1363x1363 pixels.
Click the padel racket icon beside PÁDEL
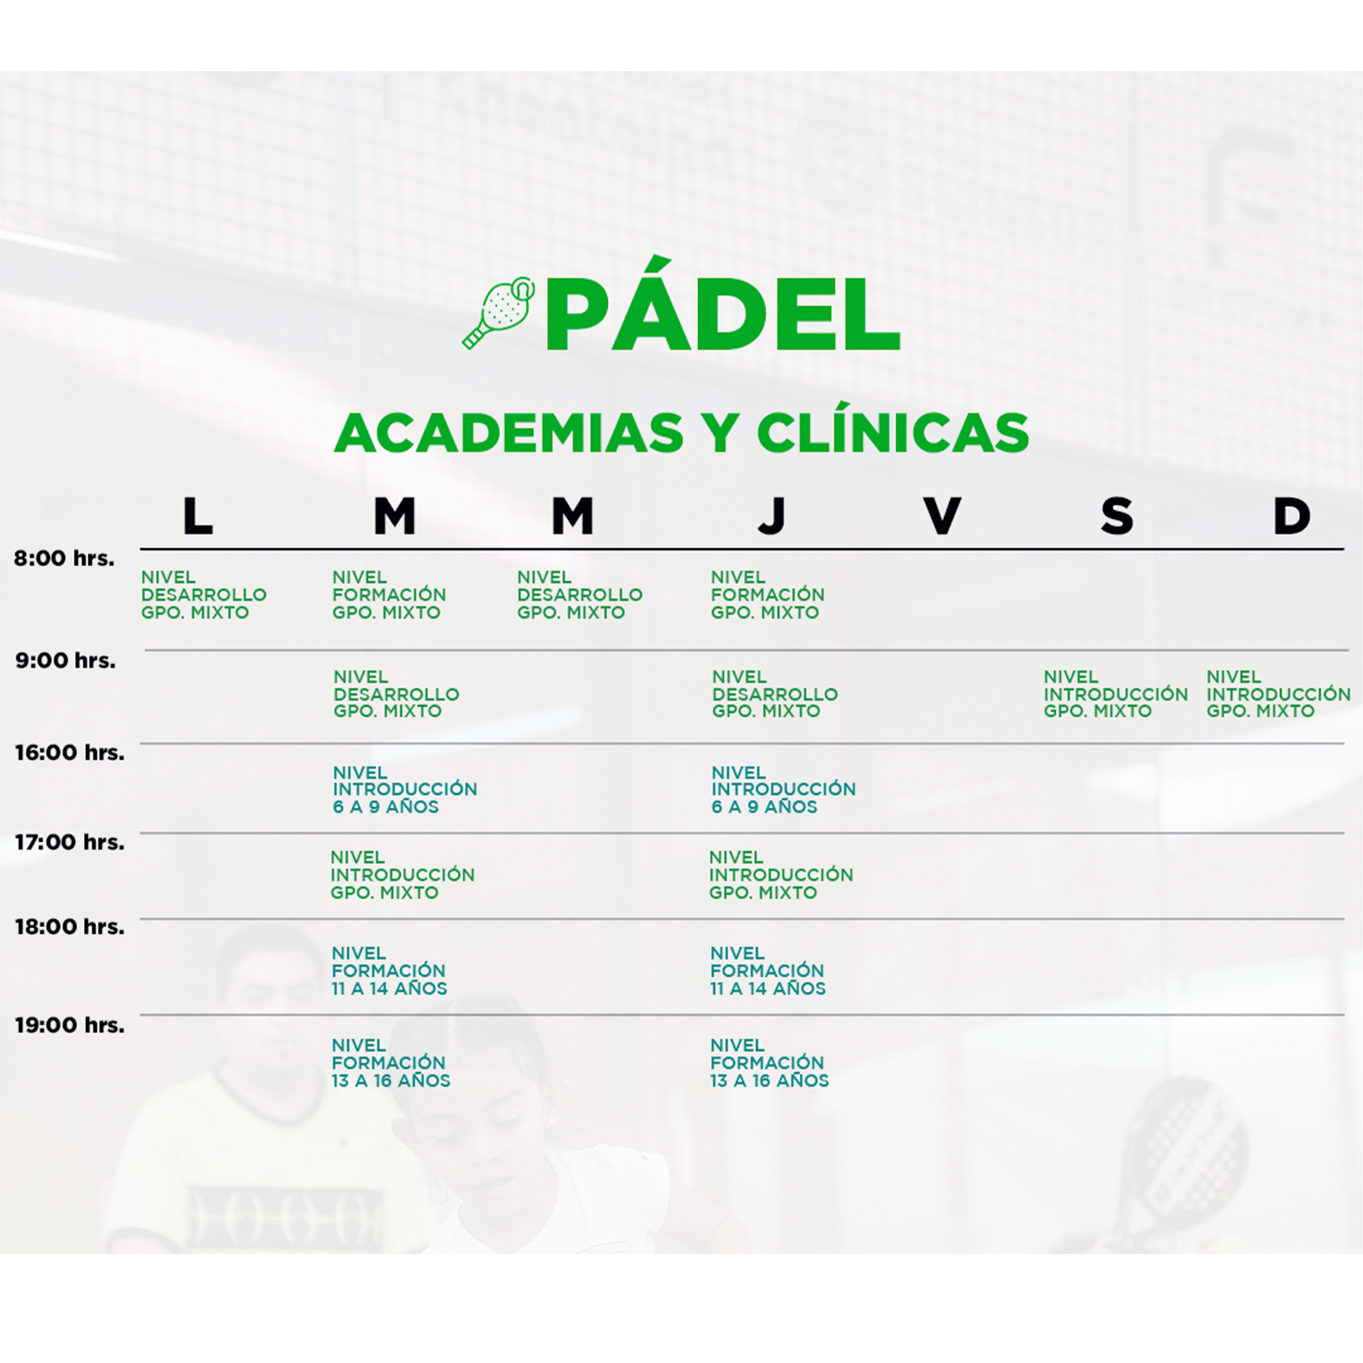[499, 313]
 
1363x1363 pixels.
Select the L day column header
[197, 516]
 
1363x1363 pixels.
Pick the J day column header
[772, 516]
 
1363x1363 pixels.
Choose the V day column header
[942, 516]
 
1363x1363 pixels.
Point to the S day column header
[1117, 516]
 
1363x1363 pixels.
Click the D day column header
[1291, 516]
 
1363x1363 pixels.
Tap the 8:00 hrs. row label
[64, 559]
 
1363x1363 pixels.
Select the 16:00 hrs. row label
[69, 753]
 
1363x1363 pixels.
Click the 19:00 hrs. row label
[69, 1025]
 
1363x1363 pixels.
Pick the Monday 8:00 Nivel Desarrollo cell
[203, 595]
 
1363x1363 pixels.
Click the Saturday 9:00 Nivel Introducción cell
[1115, 694]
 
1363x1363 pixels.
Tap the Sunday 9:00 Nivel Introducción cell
[1278, 694]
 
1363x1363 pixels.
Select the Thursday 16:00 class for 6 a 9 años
[783, 790]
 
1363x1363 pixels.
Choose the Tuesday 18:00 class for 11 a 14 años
[389, 971]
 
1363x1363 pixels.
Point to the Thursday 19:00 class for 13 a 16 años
[769, 1063]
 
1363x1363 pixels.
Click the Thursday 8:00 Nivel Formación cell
[767, 595]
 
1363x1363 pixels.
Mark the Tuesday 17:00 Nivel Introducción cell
[402, 875]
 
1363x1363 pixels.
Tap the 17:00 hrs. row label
[69, 843]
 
